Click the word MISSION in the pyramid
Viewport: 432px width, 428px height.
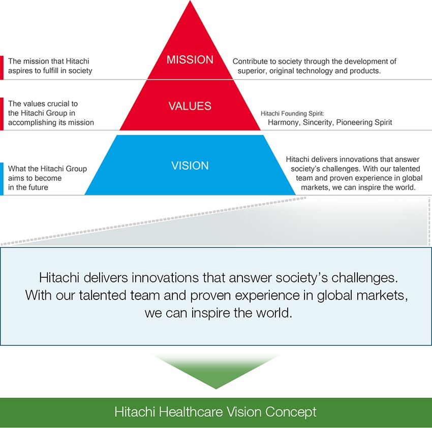click(190, 60)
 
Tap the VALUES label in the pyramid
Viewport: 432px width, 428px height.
click(190, 106)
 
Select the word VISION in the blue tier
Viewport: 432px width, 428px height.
click(190, 166)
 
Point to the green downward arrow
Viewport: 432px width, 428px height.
click(216, 372)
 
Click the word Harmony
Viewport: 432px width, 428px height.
click(284, 122)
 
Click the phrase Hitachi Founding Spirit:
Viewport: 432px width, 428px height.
click(292, 113)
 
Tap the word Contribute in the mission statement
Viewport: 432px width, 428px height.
click(250, 61)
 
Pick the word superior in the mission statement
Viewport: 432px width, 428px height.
click(252, 71)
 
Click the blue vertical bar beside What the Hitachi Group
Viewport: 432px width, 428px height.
click(2, 179)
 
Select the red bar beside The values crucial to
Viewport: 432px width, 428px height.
click(2, 114)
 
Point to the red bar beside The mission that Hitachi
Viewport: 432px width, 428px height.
click(2, 68)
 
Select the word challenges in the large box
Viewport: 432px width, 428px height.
click(364, 278)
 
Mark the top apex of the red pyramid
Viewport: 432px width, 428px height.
click(190, 1)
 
